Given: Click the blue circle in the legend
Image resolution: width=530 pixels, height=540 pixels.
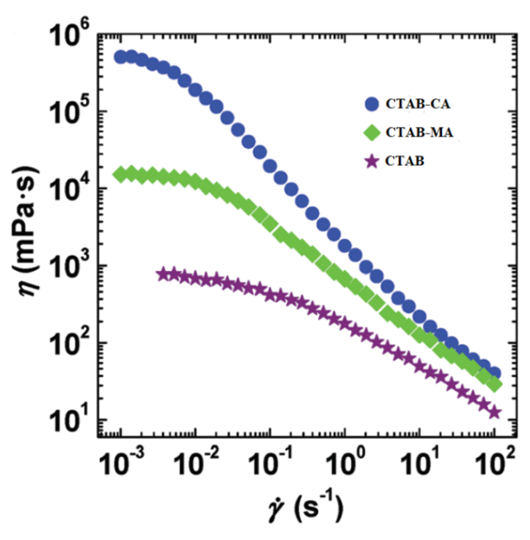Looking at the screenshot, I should [372, 104].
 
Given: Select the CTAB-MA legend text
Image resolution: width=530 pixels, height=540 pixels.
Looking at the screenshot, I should [419, 132].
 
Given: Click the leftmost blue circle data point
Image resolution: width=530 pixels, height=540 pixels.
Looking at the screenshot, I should [121, 57].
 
